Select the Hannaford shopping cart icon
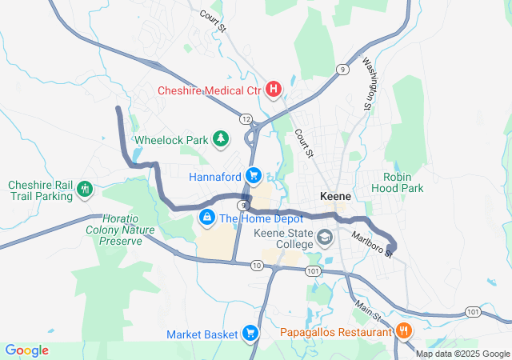click(254, 175)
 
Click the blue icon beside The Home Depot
click(206, 217)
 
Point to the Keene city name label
click(335, 196)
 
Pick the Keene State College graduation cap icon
click(326, 238)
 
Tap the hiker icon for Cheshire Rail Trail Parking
click(85, 190)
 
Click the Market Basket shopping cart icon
click(250, 333)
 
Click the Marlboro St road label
click(373, 243)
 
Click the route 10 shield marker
click(256, 265)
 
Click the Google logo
click(26, 350)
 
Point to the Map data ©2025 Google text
click(462, 354)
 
